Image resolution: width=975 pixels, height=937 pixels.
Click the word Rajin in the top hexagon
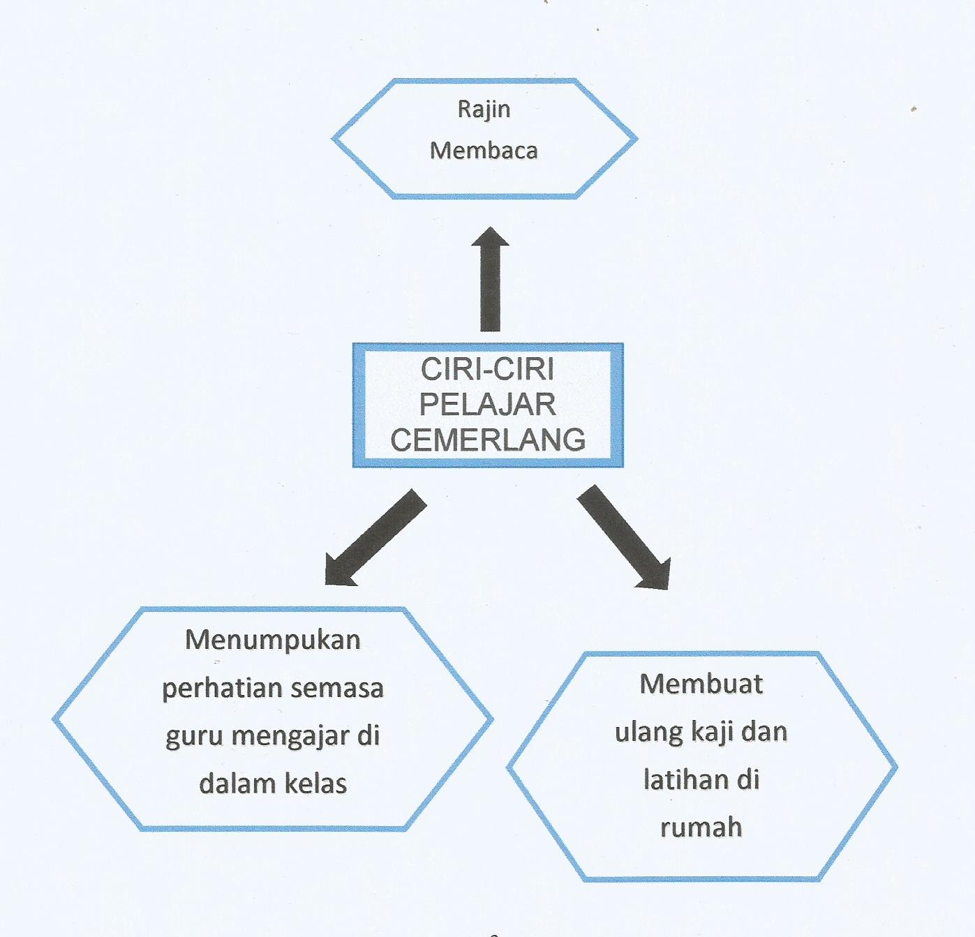point(484,110)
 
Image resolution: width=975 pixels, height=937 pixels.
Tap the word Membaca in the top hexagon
point(484,150)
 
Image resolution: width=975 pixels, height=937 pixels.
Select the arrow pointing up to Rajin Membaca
point(490,279)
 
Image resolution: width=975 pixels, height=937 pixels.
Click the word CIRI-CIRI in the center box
point(487,369)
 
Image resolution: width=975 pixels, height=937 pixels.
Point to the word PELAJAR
point(487,404)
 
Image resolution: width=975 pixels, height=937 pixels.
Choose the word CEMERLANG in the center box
point(487,440)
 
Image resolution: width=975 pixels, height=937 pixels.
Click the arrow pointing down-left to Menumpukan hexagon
point(375,537)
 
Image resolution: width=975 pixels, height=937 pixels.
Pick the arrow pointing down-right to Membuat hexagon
point(624,537)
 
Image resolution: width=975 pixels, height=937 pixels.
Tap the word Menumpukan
point(273,640)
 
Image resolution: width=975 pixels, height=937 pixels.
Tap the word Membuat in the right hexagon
point(701,684)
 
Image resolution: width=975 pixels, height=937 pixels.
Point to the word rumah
point(701,827)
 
